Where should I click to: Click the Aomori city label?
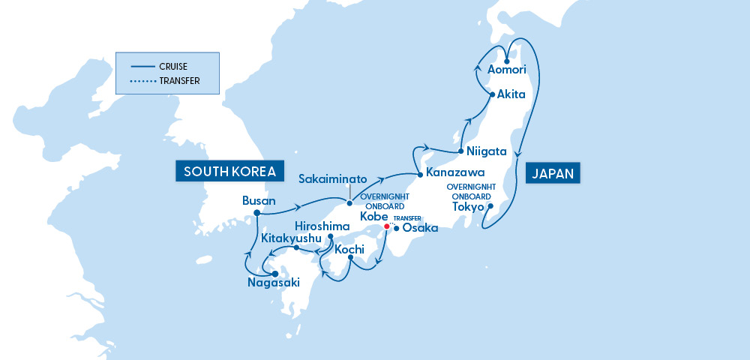coord(507,70)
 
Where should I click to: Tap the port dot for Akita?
coord(491,94)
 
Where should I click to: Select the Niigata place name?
coord(487,151)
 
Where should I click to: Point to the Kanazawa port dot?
coord(419,175)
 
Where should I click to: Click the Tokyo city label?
coord(469,207)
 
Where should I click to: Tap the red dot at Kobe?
coord(387,226)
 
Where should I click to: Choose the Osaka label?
coord(420,228)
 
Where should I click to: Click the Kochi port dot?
coord(350,259)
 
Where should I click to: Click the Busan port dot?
coord(256,212)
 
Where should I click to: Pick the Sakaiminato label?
coord(332,179)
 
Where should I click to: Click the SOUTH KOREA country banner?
coord(226,172)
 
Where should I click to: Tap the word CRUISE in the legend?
coord(174,65)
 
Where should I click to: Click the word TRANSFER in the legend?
coord(179,80)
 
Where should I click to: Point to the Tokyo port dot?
coord(490,206)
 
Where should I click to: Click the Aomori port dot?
coord(507,61)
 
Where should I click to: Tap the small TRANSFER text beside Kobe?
coord(407,218)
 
